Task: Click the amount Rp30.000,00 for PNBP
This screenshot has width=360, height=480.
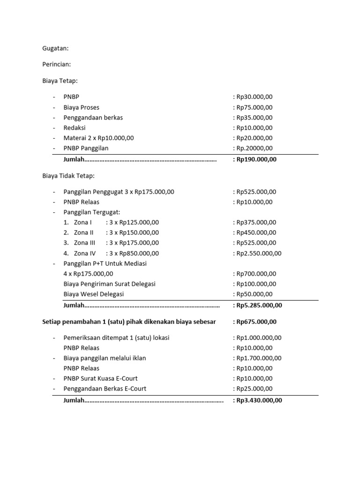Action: (255, 97)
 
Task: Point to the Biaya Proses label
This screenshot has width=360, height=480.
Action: (81, 107)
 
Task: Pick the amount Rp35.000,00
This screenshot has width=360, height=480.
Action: (255, 118)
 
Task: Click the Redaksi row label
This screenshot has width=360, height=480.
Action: (75, 127)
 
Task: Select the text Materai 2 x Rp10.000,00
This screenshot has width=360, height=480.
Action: (98, 138)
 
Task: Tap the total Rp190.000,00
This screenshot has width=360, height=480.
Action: (256, 159)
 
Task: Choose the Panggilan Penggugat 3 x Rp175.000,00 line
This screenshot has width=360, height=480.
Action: (119, 192)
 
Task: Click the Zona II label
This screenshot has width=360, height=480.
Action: (84, 232)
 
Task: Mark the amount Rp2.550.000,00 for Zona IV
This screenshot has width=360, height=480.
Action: (259, 253)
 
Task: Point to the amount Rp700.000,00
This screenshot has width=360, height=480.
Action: (256, 274)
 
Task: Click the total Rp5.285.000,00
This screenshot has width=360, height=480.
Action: (259, 305)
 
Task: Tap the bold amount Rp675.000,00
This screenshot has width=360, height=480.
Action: (256, 322)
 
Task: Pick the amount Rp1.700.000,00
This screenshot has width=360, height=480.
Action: (259, 358)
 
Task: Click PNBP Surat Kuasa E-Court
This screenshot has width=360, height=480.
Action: (100, 378)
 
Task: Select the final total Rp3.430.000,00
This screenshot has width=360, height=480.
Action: (259, 401)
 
